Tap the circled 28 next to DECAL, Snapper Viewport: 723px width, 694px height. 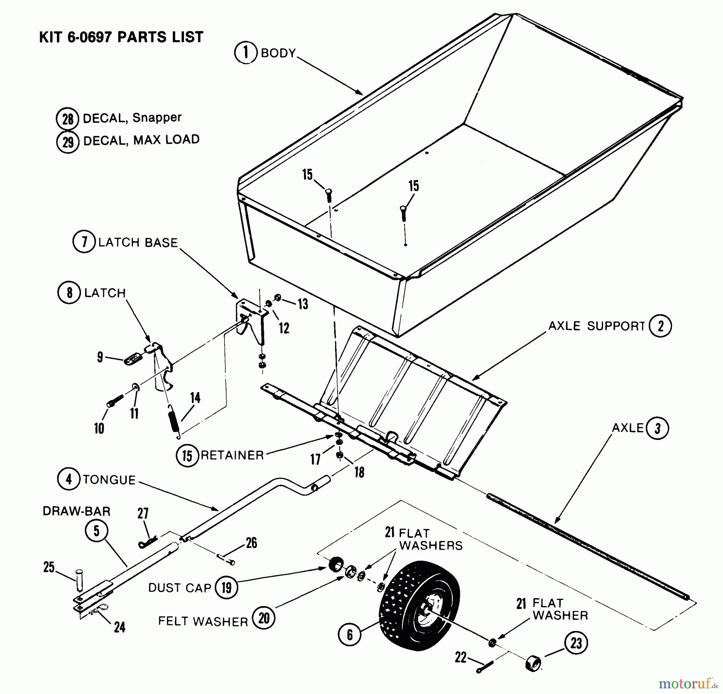click(x=67, y=119)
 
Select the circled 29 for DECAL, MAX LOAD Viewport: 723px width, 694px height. click(x=67, y=142)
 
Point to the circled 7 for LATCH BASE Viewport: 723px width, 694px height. click(x=84, y=242)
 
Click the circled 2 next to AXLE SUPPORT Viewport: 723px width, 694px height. click(x=661, y=326)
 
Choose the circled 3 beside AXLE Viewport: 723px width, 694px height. click(x=658, y=428)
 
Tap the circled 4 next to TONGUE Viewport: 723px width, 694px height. click(x=69, y=479)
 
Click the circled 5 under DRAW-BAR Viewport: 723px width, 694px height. click(x=96, y=531)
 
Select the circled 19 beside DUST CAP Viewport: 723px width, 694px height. click(x=227, y=588)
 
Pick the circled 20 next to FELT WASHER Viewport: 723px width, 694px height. click(x=263, y=618)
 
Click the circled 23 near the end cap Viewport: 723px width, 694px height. click(x=576, y=643)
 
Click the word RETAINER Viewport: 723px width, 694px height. click(x=232, y=455)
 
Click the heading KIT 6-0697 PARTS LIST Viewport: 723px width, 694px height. click(x=121, y=37)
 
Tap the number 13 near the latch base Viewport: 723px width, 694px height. click(x=303, y=304)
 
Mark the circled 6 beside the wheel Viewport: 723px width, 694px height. click(x=349, y=635)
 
